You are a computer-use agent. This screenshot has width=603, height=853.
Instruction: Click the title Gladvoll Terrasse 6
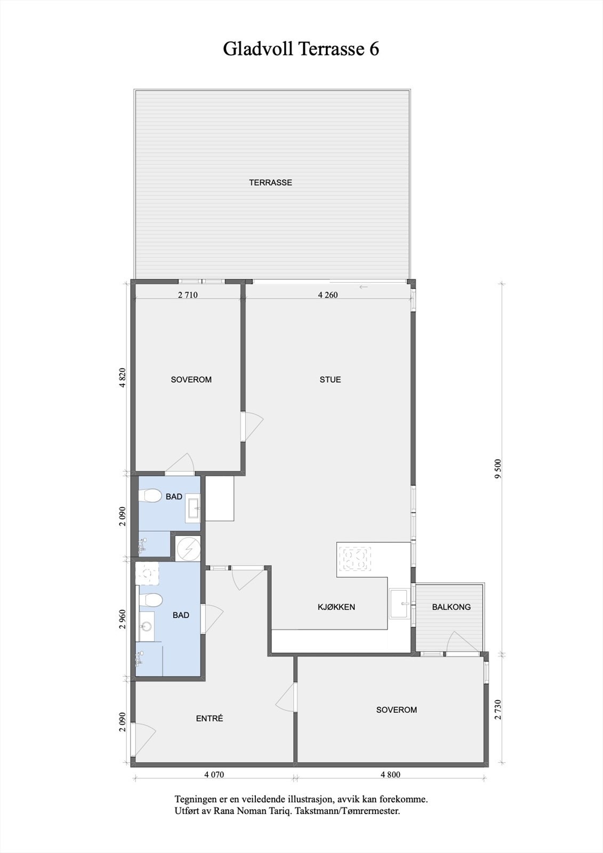(301, 49)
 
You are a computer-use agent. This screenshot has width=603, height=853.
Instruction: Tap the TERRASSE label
(270, 182)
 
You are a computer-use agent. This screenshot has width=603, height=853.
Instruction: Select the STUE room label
(330, 380)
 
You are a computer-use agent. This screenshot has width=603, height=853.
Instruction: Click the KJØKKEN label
(336, 607)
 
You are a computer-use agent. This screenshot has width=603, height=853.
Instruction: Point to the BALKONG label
(451, 607)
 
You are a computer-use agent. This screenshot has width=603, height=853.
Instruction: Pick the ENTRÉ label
(210, 719)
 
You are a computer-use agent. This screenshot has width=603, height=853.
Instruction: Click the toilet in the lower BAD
(150, 601)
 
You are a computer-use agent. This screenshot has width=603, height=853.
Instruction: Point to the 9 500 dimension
(498, 469)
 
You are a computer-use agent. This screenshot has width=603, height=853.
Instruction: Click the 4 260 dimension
(327, 295)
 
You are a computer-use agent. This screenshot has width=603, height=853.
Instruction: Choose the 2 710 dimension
(188, 295)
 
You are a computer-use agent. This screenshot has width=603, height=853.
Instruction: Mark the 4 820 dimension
(123, 377)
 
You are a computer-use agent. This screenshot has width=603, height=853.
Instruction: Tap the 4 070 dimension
(214, 775)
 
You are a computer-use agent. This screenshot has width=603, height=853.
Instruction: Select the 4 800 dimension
(390, 775)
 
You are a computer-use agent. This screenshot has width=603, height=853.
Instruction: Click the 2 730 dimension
(498, 710)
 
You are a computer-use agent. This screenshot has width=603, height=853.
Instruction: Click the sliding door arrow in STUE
(364, 287)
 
